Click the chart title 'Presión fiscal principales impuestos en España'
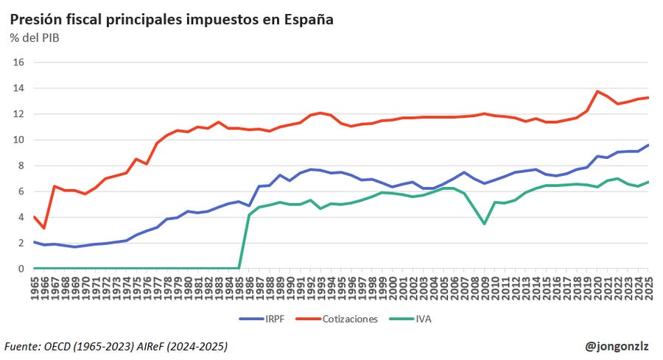pyautogui.click(x=172, y=20)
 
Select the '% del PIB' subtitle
pyautogui.click(x=35, y=38)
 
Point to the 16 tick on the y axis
pyautogui.click(x=19, y=63)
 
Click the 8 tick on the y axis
pyautogui.click(x=21, y=166)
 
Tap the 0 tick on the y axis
pyautogui.click(x=21, y=269)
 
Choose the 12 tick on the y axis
pyautogui.click(x=19, y=114)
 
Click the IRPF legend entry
pyautogui.click(x=263, y=319)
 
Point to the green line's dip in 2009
pyautogui.click(x=484, y=224)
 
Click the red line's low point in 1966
pyautogui.click(x=44, y=228)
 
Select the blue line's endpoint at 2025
pyautogui.click(x=648, y=145)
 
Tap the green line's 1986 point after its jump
pyautogui.click(x=249, y=215)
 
